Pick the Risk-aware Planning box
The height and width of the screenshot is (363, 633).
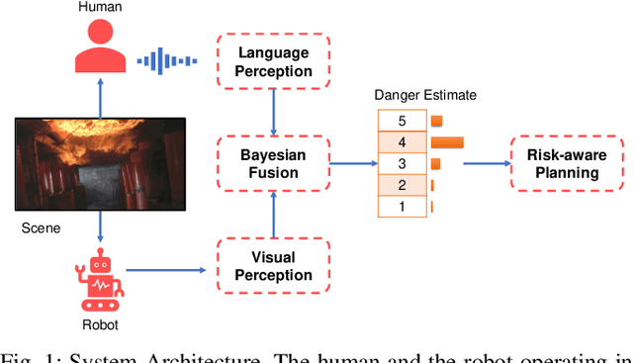[562, 164]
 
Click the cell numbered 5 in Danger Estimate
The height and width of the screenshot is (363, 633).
[401, 121]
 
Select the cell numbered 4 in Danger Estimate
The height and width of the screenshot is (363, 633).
[401, 142]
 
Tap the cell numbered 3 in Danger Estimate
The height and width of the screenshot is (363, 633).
[401, 164]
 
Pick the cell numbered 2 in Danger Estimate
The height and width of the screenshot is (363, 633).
[401, 185]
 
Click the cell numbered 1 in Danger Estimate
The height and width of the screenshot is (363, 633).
[401, 207]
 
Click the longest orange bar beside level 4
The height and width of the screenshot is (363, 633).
[447, 142]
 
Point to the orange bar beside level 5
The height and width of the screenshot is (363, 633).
[436, 121]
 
